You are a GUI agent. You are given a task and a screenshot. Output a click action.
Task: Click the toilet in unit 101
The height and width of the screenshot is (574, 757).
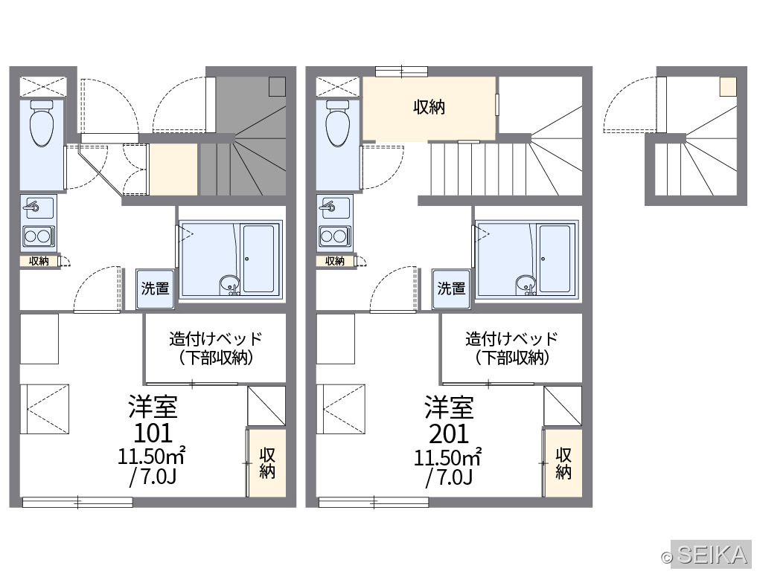click(x=42, y=123)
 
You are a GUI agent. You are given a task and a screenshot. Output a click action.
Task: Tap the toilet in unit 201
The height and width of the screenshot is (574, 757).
click(x=338, y=123)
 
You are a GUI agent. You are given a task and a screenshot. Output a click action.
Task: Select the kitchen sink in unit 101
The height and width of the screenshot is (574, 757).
click(x=38, y=208)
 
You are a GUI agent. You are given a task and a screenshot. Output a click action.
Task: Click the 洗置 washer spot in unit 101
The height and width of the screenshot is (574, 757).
click(x=155, y=288)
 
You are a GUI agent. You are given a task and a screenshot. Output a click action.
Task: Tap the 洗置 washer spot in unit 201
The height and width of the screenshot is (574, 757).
click(x=451, y=288)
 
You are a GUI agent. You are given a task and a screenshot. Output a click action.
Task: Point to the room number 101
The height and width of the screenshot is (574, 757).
click(x=153, y=433)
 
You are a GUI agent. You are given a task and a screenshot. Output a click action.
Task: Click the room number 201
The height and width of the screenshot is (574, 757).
click(x=449, y=433)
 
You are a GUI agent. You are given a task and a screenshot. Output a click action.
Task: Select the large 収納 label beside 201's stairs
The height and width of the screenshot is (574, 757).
click(x=429, y=107)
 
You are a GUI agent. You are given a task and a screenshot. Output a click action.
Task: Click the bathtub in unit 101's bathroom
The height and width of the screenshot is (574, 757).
click(x=259, y=259)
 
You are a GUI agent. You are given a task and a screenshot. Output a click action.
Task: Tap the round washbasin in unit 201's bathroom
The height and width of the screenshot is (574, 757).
click(x=526, y=283)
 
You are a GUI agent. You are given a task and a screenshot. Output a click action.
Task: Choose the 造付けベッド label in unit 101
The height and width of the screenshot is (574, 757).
click(x=215, y=339)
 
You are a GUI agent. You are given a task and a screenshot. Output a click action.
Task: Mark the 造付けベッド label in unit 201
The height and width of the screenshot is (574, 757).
click(x=512, y=339)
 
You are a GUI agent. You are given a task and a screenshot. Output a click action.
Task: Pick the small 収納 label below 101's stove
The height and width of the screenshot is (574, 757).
click(x=39, y=261)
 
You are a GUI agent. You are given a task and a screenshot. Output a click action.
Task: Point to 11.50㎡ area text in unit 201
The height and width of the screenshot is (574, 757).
click(x=447, y=457)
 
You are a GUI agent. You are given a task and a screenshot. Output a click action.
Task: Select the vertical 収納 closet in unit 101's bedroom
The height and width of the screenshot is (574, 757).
click(x=267, y=463)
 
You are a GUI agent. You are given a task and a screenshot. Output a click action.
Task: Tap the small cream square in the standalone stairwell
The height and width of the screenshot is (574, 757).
click(x=728, y=86)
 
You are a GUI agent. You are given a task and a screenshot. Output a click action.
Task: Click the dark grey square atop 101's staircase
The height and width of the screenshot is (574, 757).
click(x=278, y=86)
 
